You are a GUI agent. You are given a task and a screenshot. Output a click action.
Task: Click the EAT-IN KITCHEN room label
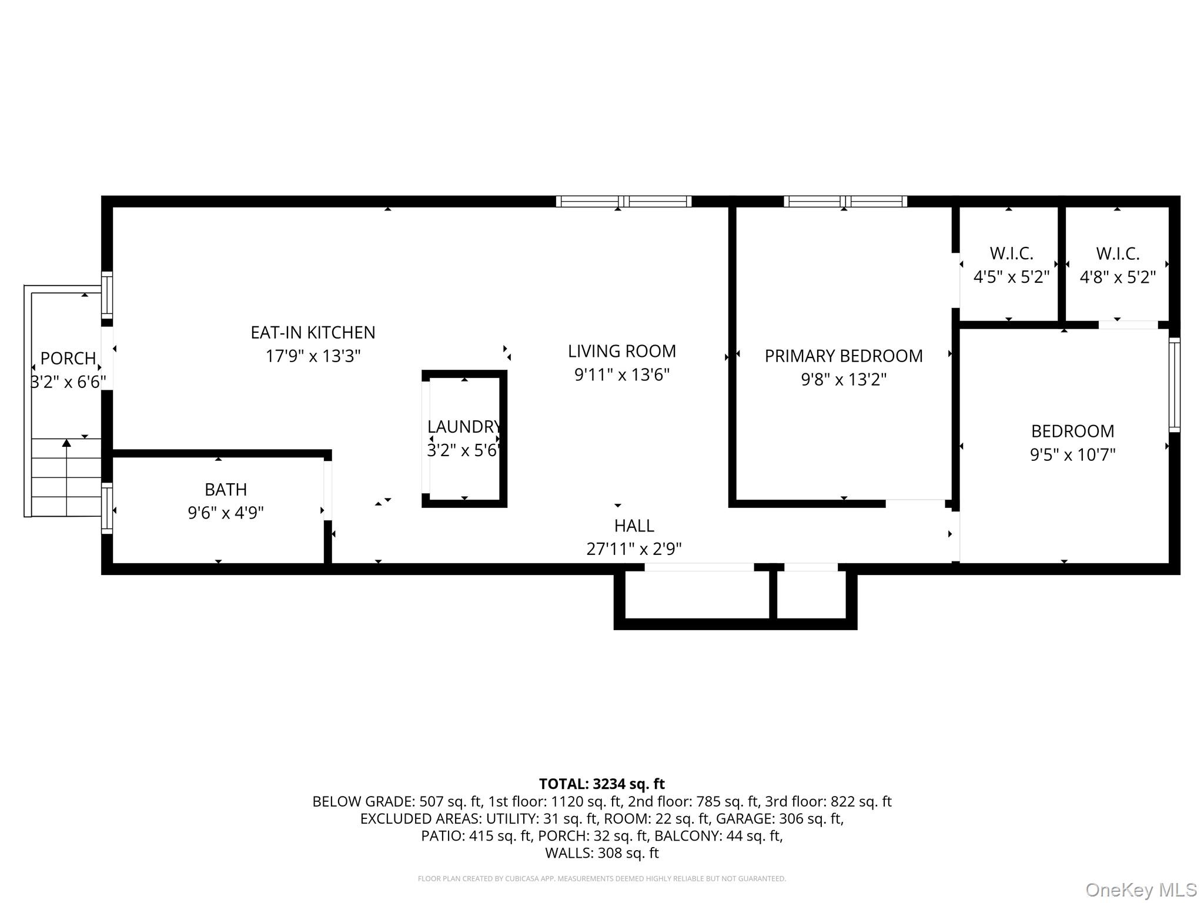click(x=313, y=333)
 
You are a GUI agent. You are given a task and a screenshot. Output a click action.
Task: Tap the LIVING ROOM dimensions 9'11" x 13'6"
click(x=622, y=375)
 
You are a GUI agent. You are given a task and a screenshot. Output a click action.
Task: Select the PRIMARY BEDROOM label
click(x=843, y=356)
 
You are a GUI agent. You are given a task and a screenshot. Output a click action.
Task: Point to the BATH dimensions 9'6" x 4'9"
click(x=226, y=513)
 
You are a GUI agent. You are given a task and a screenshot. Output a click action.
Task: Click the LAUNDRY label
click(x=464, y=427)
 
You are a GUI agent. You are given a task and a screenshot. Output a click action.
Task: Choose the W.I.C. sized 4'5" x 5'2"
click(x=1011, y=265)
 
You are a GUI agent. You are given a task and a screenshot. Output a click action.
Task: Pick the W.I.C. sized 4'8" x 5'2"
click(x=1118, y=265)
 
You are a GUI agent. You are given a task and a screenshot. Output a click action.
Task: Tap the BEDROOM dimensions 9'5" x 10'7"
click(x=1072, y=455)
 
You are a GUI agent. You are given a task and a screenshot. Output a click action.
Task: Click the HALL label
click(x=634, y=526)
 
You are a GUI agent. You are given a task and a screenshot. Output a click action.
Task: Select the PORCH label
click(x=68, y=359)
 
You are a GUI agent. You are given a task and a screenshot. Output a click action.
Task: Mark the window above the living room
click(x=623, y=202)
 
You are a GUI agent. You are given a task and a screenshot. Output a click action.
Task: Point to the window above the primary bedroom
click(x=845, y=202)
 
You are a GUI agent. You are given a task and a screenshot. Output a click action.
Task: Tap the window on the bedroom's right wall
click(x=1174, y=385)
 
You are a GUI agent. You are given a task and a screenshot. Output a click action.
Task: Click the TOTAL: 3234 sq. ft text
click(x=601, y=784)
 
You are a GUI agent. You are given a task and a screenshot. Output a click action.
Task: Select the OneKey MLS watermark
click(x=1141, y=890)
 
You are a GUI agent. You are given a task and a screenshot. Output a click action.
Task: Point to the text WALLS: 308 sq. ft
click(x=601, y=853)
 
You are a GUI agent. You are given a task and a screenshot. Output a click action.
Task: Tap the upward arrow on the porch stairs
click(x=66, y=443)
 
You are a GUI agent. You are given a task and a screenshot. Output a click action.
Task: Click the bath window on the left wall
click(x=107, y=508)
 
